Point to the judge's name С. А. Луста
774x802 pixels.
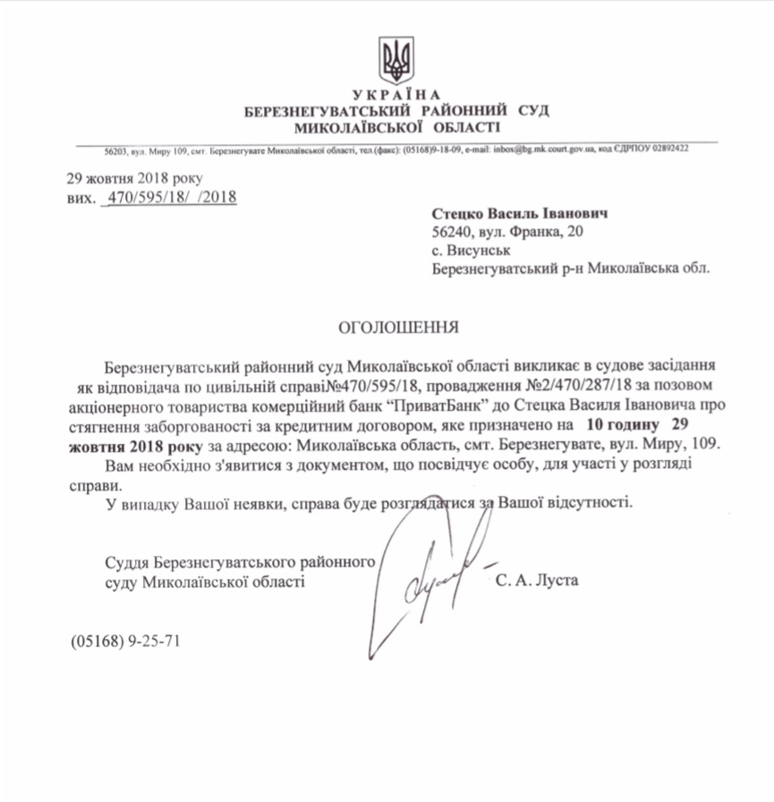pos(537,581)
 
